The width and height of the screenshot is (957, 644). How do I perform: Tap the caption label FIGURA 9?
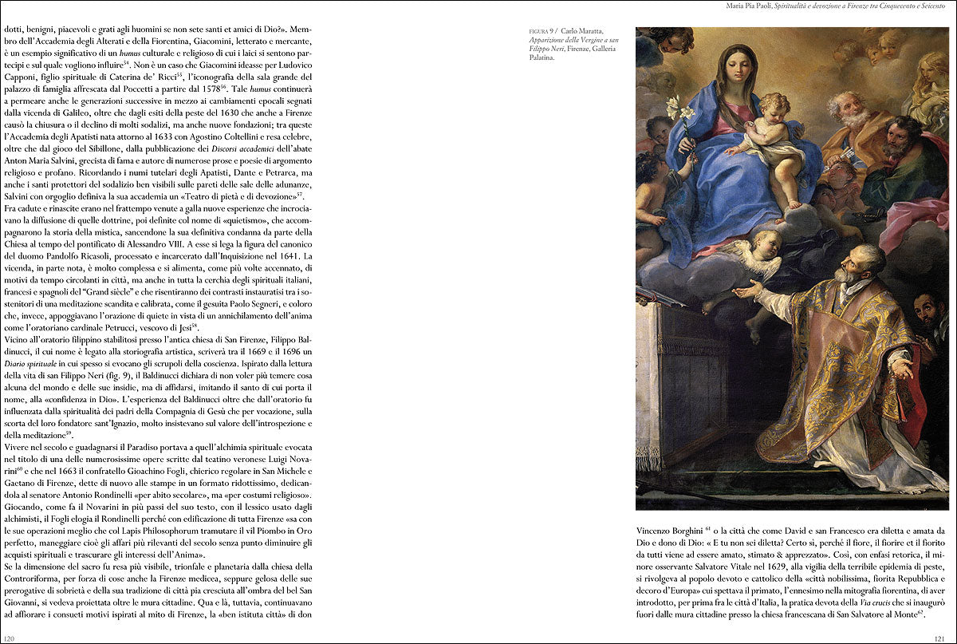(x=542, y=31)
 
